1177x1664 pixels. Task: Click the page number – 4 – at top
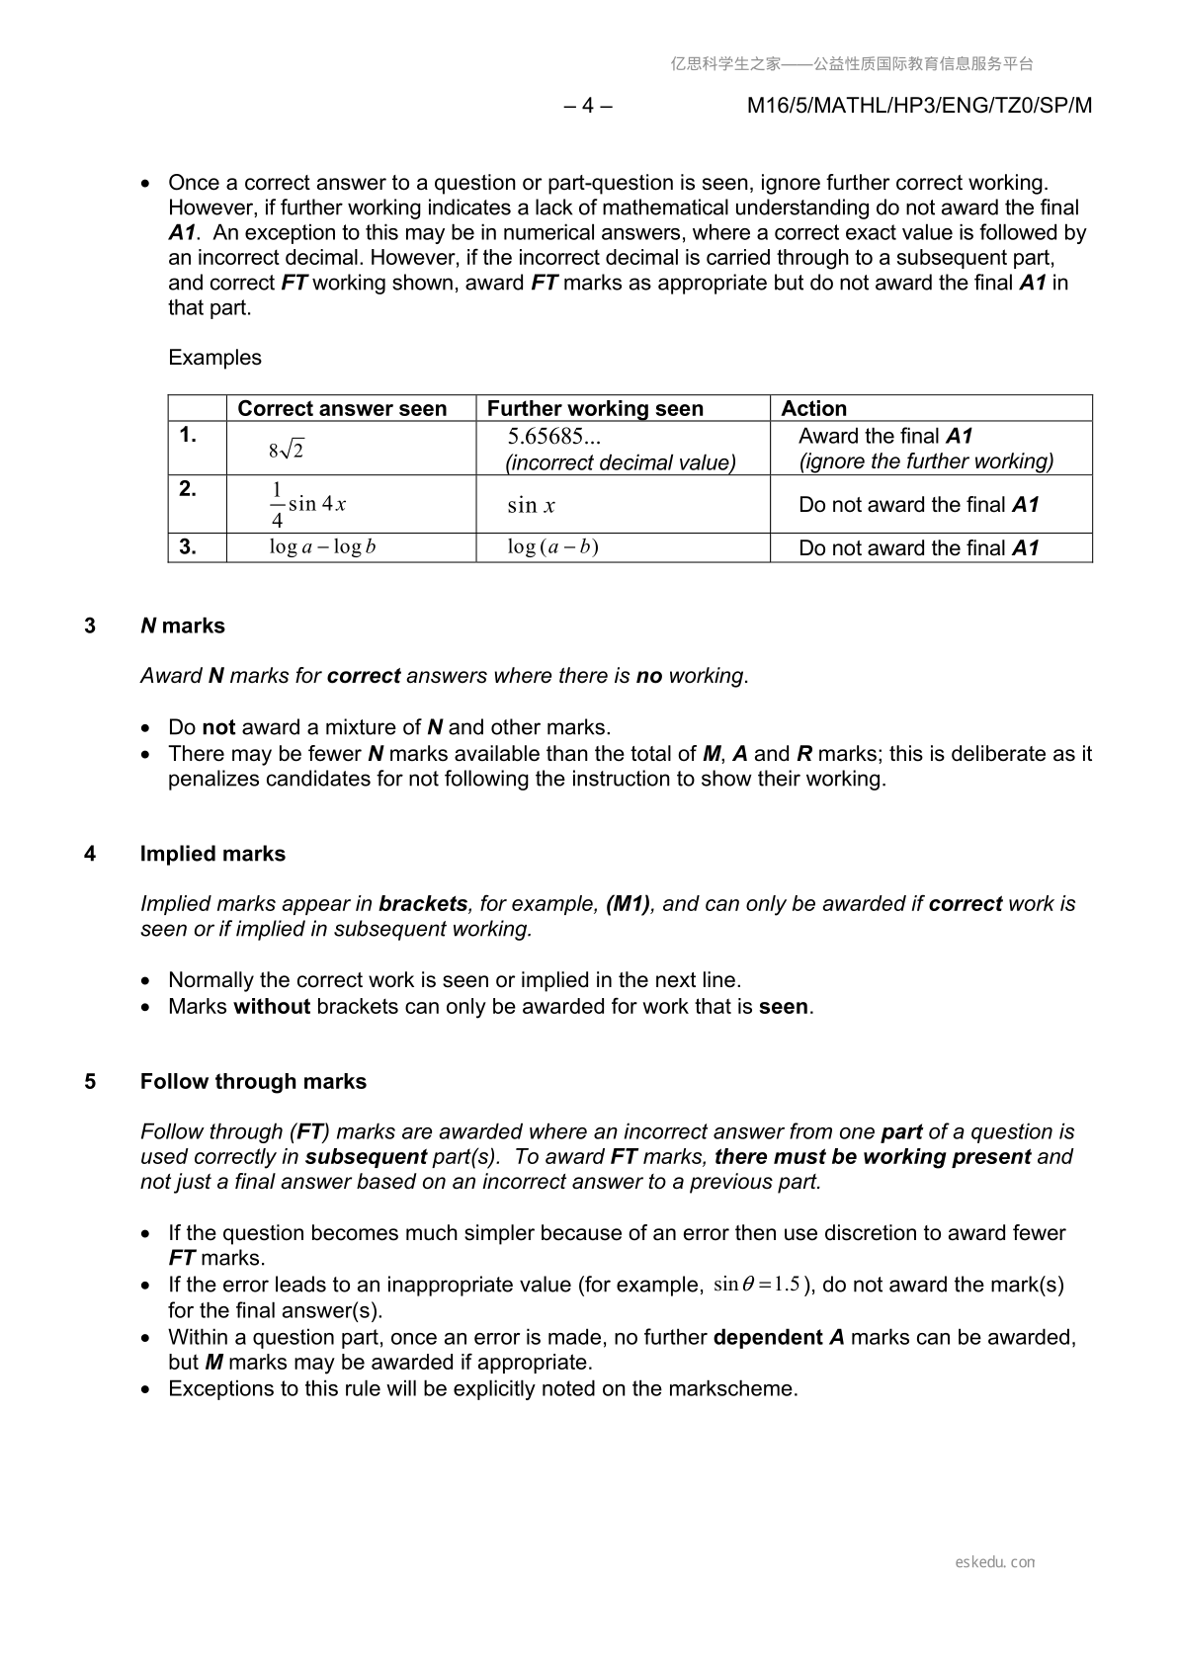tap(588, 106)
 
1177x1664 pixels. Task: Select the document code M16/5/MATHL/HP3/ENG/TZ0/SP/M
tap(919, 106)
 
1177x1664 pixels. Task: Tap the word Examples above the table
tap(214, 358)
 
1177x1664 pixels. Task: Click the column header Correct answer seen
tap(342, 408)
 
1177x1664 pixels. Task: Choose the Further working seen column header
tap(595, 408)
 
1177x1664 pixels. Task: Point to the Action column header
tap(813, 408)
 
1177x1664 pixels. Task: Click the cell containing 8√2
tap(287, 451)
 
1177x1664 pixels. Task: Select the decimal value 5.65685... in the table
tap(553, 437)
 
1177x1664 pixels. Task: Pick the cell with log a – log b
tap(322, 547)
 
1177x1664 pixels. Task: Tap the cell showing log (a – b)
tap(552, 547)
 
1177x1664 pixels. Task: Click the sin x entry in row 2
tap(531, 506)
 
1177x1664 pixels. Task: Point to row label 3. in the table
tap(188, 547)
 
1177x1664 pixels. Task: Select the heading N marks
tap(183, 625)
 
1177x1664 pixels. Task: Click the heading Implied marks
tap(212, 854)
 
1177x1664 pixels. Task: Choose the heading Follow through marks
tap(253, 1081)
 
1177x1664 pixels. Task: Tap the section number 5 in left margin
tap(90, 1081)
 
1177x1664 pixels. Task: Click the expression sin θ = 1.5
tap(756, 1285)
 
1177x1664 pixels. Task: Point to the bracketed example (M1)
tap(628, 904)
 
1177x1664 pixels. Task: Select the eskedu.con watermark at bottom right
tap(995, 1562)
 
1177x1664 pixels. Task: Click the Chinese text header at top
tap(852, 64)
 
